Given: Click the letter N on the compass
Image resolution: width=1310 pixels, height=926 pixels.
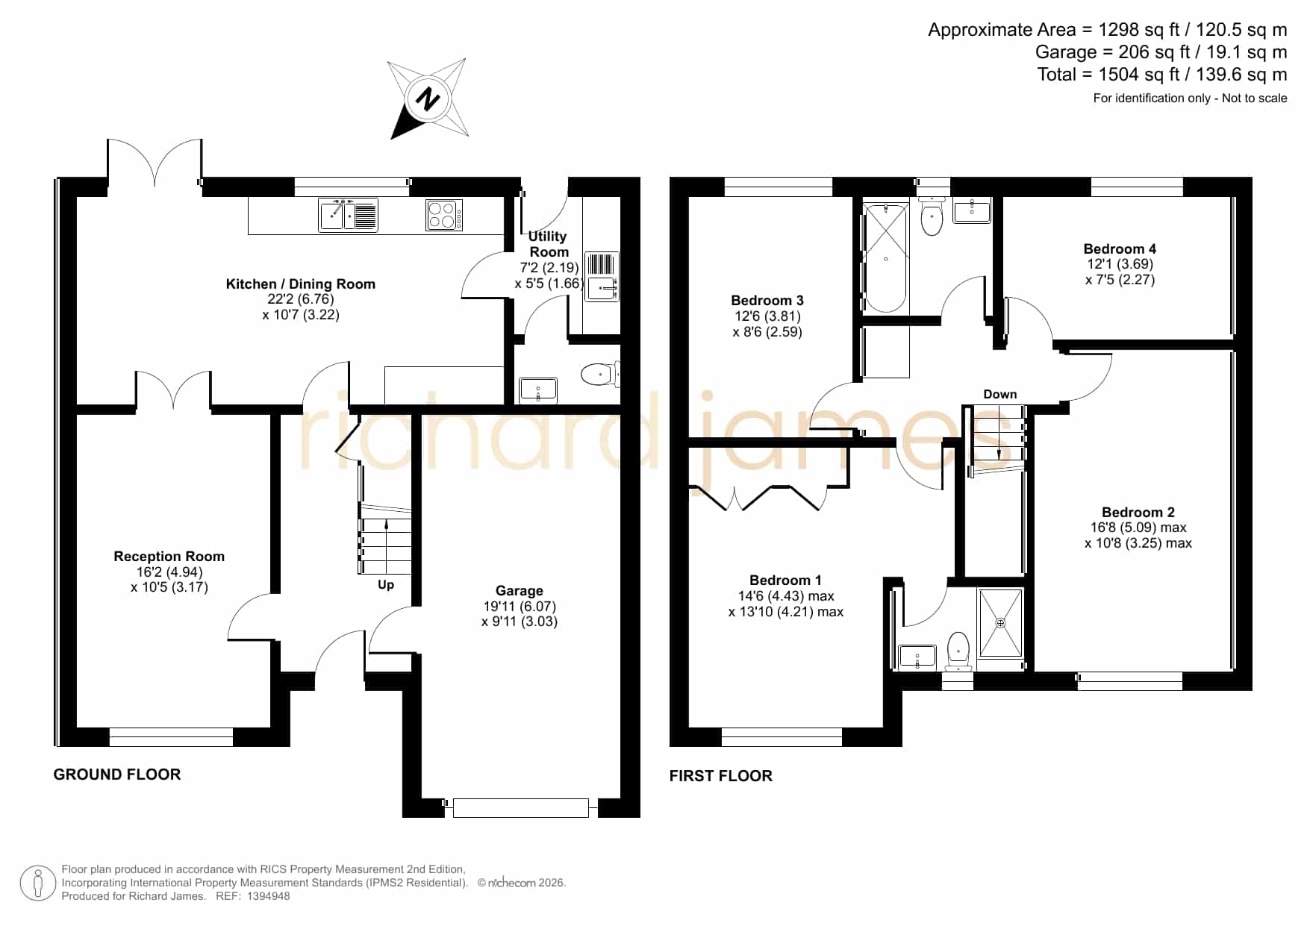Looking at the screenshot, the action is [428, 99].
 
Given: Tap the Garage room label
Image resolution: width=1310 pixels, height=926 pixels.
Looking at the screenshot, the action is [520, 591].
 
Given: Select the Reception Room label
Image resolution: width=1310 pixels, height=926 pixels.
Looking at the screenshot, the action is [169, 557].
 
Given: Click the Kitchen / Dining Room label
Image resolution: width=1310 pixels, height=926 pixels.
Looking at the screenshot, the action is [300, 284].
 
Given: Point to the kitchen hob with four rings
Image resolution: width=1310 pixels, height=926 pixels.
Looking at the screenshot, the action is [444, 215].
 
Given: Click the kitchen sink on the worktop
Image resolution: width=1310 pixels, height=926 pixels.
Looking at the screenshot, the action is [348, 215].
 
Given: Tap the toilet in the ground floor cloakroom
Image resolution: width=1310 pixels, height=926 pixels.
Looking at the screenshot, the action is [599, 375].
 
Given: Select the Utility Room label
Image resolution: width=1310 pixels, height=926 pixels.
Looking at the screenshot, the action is [549, 244].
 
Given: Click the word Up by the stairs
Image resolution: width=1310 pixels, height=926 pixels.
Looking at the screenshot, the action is [386, 585].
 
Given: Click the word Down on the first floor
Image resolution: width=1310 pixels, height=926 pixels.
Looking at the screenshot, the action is [1000, 395].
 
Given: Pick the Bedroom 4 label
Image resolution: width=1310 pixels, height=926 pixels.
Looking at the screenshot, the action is [1120, 249].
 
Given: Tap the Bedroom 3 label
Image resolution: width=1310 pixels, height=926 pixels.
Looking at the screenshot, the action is [767, 301].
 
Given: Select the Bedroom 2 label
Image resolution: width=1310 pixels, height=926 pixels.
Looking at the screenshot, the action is [1138, 513].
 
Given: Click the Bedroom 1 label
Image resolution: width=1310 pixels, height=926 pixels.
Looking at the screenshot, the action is [785, 581].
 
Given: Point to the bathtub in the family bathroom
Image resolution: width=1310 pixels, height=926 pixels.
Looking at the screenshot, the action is [885, 258].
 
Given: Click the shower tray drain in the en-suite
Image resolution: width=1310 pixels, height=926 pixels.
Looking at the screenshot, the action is [1000, 622].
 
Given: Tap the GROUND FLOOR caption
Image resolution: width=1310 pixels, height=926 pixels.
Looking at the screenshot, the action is [117, 775].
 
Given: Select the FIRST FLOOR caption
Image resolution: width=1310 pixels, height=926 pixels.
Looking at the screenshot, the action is [721, 776].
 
